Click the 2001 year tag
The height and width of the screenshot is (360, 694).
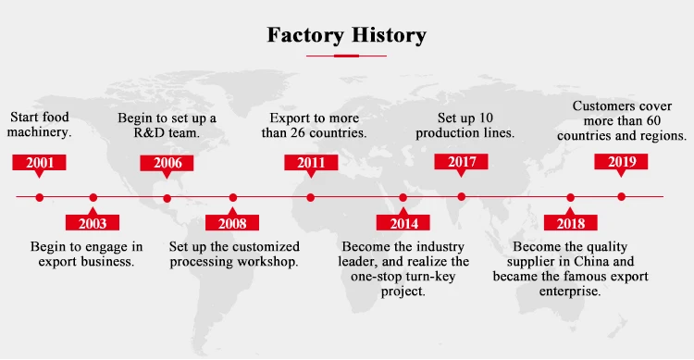pyautogui.click(x=39, y=163)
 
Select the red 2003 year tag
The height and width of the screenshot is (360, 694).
pyautogui.click(x=93, y=222)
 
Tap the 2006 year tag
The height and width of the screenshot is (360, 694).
pyautogui.click(x=167, y=164)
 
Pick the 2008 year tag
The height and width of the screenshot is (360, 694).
pyautogui.click(x=232, y=222)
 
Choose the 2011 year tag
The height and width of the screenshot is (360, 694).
pyautogui.click(x=311, y=163)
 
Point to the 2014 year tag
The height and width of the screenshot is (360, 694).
pyautogui.click(x=403, y=222)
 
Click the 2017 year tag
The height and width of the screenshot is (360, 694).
pyautogui.click(x=461, y=162)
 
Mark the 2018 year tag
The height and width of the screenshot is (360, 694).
pyautogui.click(x=571, y=222)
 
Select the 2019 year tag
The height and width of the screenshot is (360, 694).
pyautogui.click(x=621, y=162)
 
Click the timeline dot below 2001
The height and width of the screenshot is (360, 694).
pyautogui.click(x=40, y=197)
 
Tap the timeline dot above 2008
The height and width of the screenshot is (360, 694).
pyautogui.click(x=233, y=197)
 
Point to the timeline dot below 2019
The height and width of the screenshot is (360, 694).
pyautogui.click(x=622, y=196)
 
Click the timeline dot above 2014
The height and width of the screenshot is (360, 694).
pyautogui.click(x=403, y=197)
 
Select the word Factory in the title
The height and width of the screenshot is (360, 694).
pyautogui.click(x=305, y=35)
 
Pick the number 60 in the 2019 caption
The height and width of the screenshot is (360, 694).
pyautogui.click(x=653, y=120)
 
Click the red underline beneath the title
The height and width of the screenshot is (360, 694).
pyautogui.click(x=346, y=56)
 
